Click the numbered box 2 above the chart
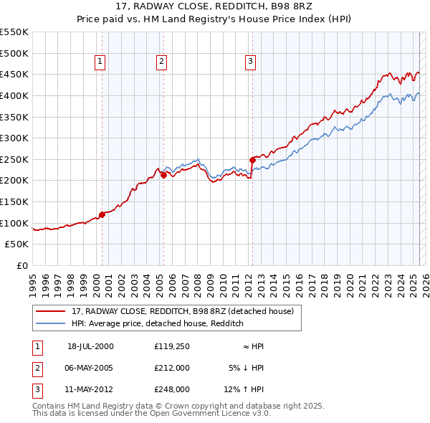coord(161,62)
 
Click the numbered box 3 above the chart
coord(250,62)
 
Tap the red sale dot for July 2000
coord(102,214)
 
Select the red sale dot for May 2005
coord(163,174)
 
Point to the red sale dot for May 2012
coord(252,159)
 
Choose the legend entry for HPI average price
coord(158,324)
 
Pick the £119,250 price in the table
coord(172,346)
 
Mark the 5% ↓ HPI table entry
coord(247,368)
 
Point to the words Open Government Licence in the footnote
coord(207,413)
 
